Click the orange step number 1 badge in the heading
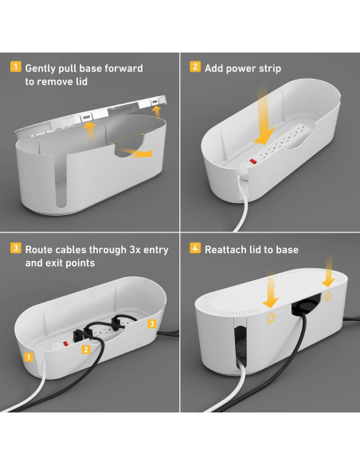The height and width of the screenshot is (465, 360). click(x=16, y=67)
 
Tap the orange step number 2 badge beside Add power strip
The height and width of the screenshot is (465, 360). click(x=195, y=67)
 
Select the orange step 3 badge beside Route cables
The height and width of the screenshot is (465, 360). click(x=16, y=248)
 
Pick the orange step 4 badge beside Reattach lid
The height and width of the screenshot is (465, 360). click(x=195, y=248)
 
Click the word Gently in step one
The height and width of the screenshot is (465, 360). click(x=40, y=68)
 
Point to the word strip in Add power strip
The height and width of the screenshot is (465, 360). click(x=270, y=68)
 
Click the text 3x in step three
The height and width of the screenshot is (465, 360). click(x=135, y=250)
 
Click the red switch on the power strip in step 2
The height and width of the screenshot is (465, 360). click(x=252, y=162)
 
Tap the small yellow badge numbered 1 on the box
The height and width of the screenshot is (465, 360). click(x=29, y=357)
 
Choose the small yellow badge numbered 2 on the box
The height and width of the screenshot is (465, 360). click(x=86, y=350)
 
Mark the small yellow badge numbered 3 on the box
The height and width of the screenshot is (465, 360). click(x=152, y=323)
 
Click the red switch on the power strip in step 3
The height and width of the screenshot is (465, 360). click(x=65, y=344)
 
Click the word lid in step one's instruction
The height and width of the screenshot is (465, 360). click(x=81, y=82)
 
